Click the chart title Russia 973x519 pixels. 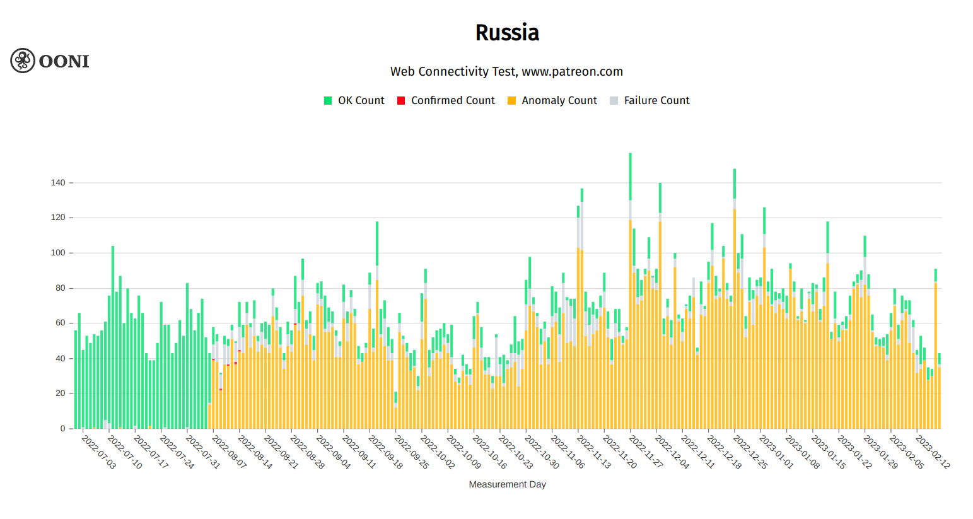507,33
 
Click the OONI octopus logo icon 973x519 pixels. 23,61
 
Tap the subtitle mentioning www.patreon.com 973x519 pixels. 506,72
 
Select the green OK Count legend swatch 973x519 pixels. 328,101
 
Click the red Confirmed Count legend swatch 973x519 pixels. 401,101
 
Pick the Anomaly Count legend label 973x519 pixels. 559,101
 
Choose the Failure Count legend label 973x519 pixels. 656,101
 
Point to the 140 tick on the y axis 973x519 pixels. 58,183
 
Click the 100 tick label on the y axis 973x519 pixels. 58,253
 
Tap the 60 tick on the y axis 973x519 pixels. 61,323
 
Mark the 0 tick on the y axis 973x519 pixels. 63,429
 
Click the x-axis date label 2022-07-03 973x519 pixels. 99,452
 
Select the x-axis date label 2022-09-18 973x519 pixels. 385,452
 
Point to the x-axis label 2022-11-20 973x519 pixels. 620,452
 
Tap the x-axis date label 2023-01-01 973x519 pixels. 776,452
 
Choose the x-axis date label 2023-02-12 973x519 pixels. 933,452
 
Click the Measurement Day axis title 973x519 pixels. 507,485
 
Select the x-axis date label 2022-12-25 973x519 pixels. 750,452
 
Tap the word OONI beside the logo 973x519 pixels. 64,61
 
